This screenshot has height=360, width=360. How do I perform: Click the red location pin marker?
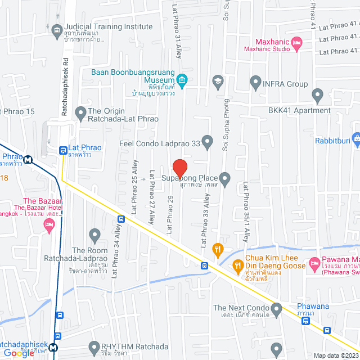[179, 168]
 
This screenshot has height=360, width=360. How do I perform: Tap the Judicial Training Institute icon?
[56, 30]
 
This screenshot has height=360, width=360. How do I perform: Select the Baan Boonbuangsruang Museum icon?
[182, 79]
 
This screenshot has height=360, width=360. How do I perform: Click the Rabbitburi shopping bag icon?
[355, 137]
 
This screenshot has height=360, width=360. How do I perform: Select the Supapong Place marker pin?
[225, 179]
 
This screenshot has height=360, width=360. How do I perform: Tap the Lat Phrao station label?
[84, 148]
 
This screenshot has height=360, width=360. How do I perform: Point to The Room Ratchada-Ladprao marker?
[94, 234]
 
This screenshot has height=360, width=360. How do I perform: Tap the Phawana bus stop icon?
[305, 321]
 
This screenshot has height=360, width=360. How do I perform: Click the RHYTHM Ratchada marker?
[94, 346]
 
